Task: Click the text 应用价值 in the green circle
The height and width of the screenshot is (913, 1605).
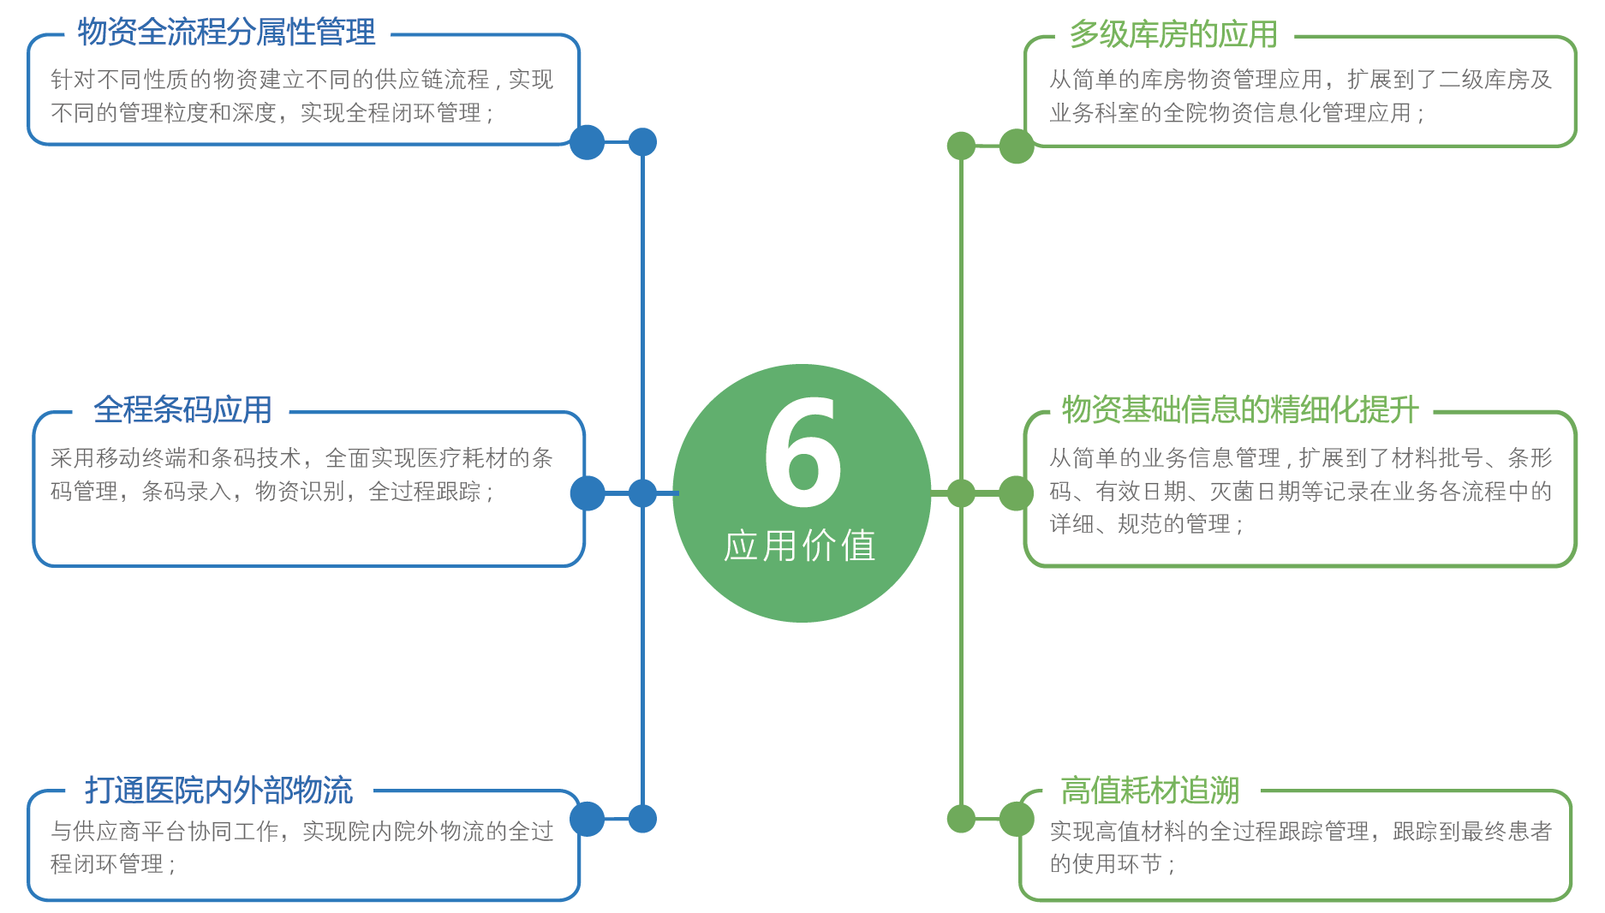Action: click(800, 546)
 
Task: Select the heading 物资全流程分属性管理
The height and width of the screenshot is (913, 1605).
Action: click(227, 33)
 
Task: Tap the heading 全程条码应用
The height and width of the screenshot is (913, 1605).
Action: click(182, 409)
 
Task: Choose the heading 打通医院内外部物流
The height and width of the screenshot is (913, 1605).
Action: click(219, 790)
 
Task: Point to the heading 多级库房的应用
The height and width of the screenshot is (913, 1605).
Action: click(1173, 34)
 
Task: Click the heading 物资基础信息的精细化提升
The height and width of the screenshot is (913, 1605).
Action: click(1241, 409)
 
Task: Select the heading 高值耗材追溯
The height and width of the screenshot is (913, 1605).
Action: click(1150, 790)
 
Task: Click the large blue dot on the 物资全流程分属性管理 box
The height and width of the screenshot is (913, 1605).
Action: click(587, 142)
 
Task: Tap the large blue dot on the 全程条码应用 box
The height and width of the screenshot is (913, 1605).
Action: click(588, 493)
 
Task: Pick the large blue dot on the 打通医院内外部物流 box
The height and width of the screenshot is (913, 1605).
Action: click(587, 819)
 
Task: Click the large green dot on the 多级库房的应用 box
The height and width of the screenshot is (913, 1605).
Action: click(1017, 146)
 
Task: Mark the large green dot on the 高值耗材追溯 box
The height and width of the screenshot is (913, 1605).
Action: click(1017, 819)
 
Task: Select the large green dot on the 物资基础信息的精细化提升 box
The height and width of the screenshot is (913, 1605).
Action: click(1017, 493)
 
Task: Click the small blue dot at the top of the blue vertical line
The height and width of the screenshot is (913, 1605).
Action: click(642, 142)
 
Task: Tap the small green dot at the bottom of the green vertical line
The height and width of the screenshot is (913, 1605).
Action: click(961, 819)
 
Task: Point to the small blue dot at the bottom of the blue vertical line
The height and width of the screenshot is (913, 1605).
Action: click(642, 819)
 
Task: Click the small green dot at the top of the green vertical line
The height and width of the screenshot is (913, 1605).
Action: click(961, 146)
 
